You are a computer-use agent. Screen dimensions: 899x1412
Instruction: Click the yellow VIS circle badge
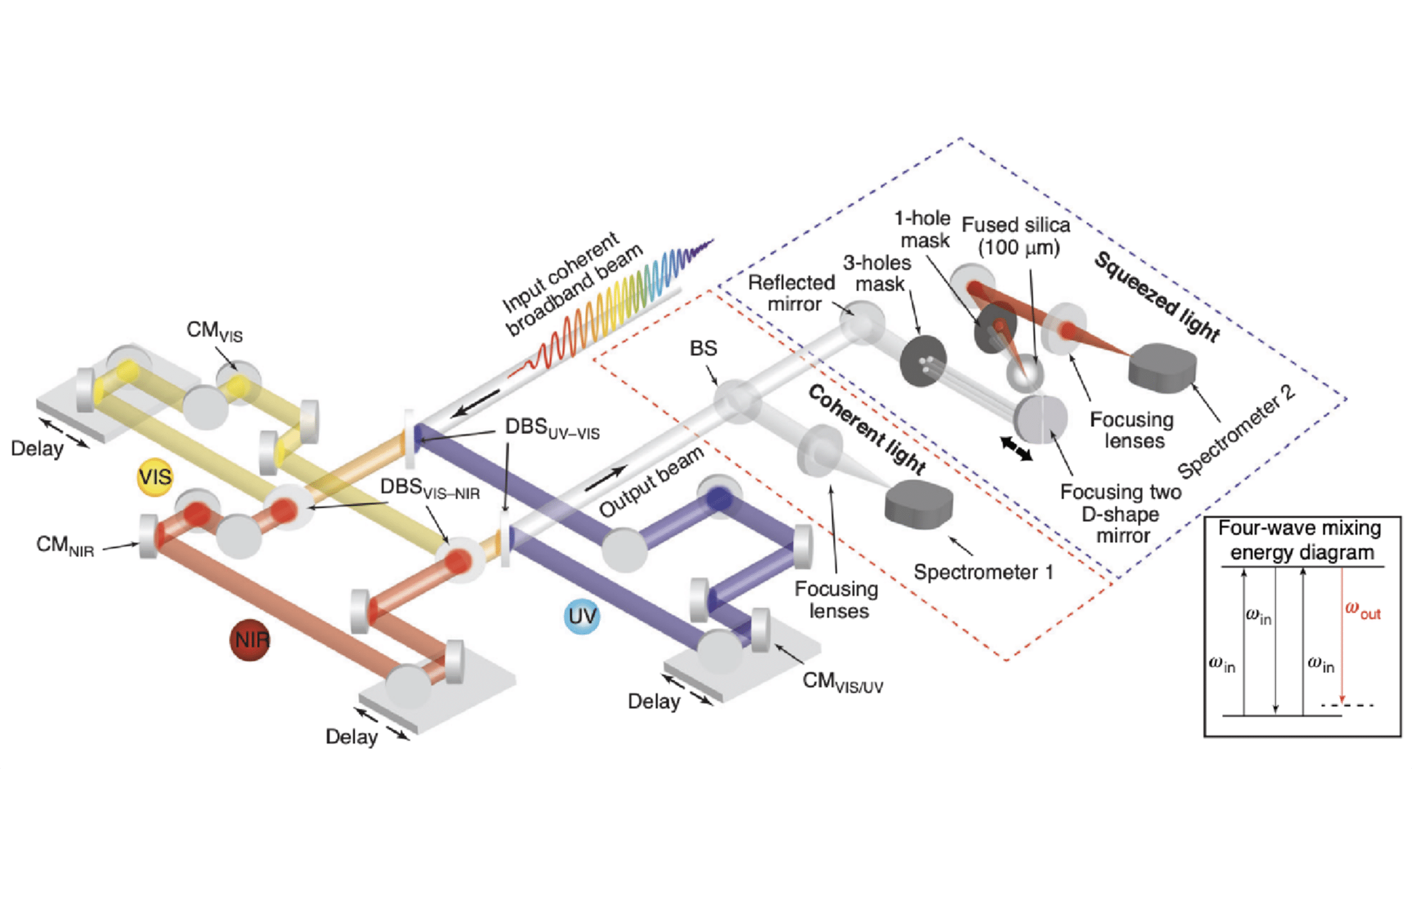[x=155, y=477]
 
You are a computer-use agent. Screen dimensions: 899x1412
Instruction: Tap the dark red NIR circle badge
[x=250, y=640]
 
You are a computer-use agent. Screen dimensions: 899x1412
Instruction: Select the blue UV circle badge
[x=581, y=616]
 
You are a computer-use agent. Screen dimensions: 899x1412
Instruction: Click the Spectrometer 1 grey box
[x=918, y=505]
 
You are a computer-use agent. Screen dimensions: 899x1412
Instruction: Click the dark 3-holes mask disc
[x=923, y=361]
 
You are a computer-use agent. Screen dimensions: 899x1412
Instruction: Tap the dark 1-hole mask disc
[x=994, y=328]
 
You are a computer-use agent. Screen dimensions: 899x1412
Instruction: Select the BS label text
[x=703, y=349]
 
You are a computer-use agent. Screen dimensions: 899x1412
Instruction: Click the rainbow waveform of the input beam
[x=616, y=308]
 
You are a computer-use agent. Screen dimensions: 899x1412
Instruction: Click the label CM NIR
[x=65, y=546]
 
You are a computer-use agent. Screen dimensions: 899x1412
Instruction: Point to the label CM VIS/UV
[x=842, y=682]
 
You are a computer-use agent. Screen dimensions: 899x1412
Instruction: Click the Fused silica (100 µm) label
[x=1016, y=236]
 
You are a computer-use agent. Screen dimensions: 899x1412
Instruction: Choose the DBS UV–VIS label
[x=552, y=428]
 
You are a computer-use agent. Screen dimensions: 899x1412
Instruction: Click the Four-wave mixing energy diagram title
[x=1301, y=540]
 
